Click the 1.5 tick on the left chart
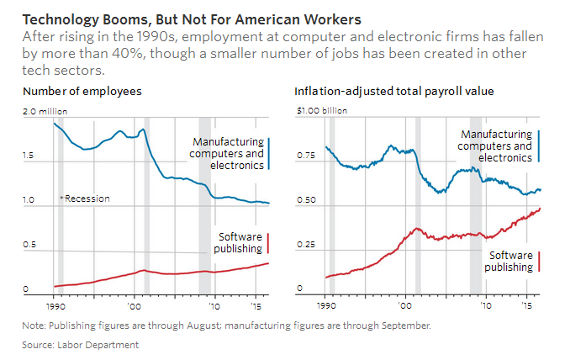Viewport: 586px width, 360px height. click(31, 156)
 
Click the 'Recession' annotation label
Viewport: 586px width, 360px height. click(87, 199)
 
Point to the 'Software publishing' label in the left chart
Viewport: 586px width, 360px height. click(240, 243)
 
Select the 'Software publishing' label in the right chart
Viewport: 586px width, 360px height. click(509, 261)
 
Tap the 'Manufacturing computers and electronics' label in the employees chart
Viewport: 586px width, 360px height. click(227, 154)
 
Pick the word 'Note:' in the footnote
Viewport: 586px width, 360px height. click(34, 325)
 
